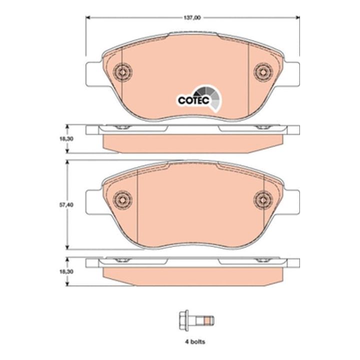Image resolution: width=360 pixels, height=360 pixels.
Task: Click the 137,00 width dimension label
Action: coord(192,17)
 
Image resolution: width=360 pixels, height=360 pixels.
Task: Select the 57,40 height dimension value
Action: coord(66,205)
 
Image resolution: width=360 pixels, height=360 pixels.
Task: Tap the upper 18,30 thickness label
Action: coord(66,139)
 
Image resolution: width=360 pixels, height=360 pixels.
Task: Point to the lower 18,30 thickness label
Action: coord(66,271)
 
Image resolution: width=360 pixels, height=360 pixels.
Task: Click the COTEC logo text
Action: coord(193,100)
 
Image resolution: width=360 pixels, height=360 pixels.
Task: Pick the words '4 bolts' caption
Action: coord(195,341)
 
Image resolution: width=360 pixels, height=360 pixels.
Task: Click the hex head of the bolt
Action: coord(183,320)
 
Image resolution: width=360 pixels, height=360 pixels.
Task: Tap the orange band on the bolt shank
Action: coord(207,320)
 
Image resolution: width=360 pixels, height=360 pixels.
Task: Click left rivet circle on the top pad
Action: coord(122,72)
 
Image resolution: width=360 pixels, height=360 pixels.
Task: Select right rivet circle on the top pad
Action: coord(263,72)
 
